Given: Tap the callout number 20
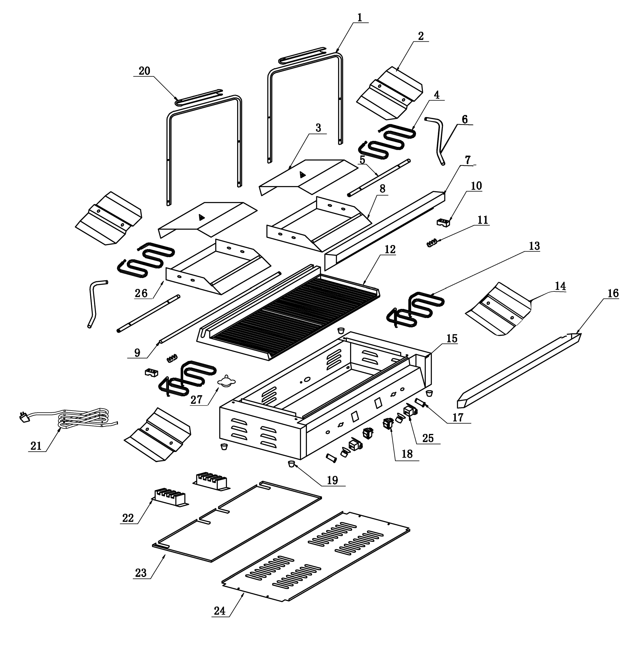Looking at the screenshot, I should click(144, 71).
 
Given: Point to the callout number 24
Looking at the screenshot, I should click(220, 611).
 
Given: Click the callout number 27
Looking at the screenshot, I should click(196, 400).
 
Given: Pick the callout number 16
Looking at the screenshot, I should click(613, 293).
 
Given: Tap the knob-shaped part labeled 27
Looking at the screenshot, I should click(226, 382).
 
